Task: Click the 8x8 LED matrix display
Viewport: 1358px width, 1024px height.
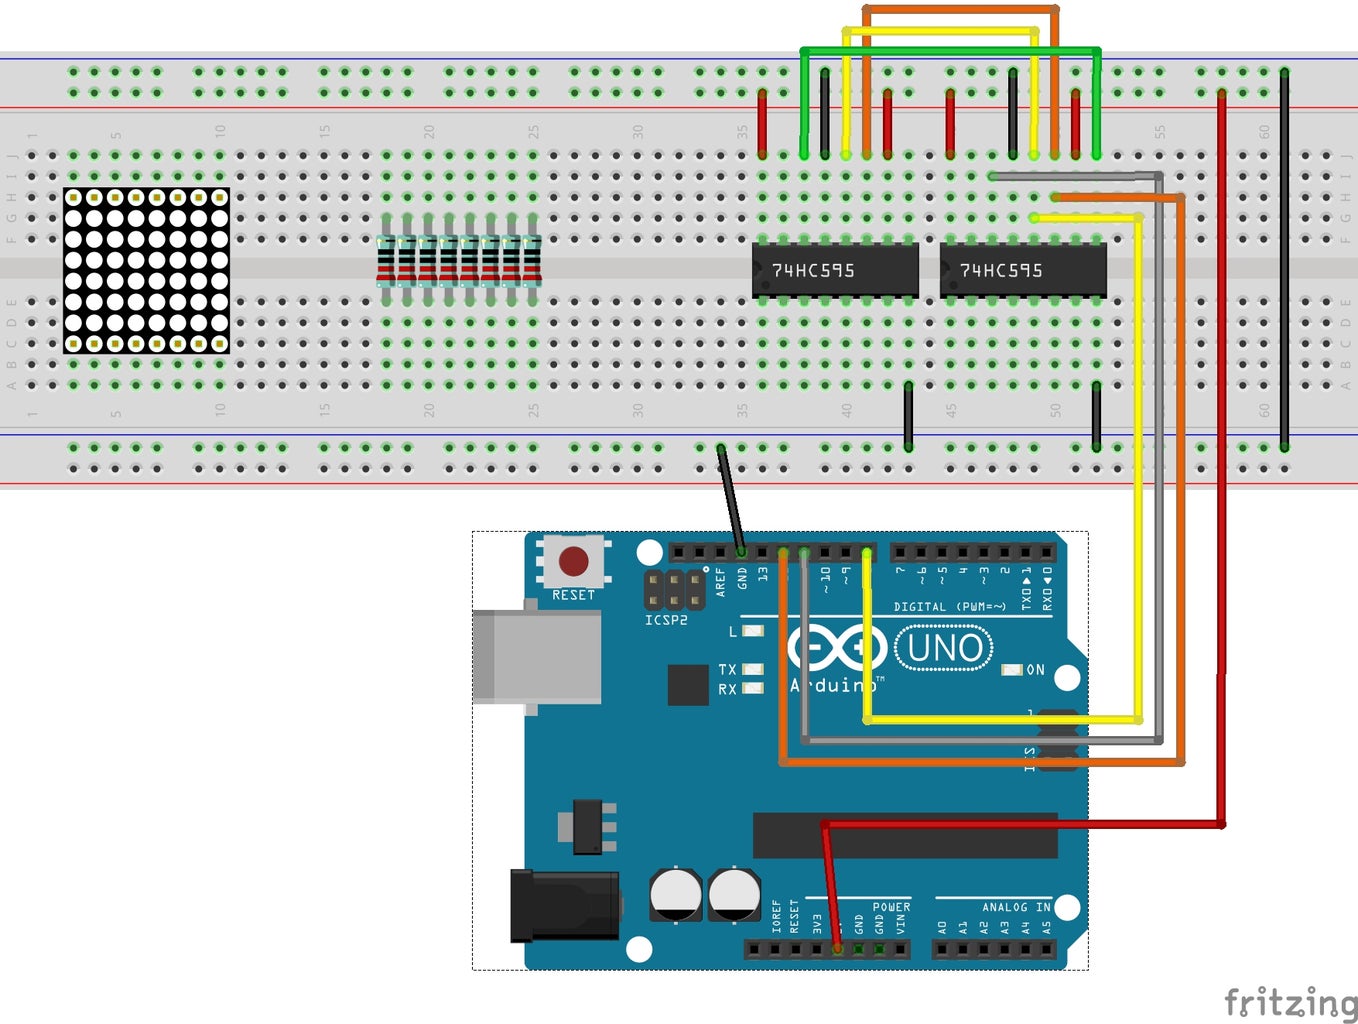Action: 146,270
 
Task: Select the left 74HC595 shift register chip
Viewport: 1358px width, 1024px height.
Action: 834,270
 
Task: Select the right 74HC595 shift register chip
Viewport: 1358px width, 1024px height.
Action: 1022,270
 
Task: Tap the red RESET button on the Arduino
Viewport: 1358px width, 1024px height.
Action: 573,561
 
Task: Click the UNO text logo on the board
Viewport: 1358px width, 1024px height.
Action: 944,648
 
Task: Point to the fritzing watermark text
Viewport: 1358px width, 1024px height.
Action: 1290,1001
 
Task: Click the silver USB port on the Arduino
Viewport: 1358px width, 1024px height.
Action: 537,657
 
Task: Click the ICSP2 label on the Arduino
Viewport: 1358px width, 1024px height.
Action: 666,620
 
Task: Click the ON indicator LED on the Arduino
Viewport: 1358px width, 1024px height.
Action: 1012,670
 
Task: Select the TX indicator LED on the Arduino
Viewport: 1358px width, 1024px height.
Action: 752,669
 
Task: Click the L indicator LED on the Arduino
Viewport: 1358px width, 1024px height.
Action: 752,631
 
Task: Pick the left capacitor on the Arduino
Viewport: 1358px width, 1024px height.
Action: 676,894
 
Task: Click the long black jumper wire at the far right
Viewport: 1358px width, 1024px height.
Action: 1284,260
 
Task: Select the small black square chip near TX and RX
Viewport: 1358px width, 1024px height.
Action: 687,684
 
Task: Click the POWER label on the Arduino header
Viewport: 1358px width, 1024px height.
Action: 891,907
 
